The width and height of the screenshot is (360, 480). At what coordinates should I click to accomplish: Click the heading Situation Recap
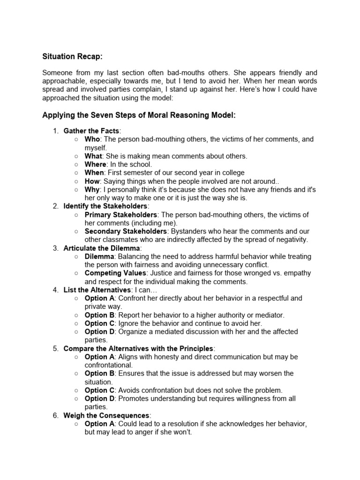(x=72, y=56)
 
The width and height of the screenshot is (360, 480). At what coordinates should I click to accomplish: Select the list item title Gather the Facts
(x=91, y=131)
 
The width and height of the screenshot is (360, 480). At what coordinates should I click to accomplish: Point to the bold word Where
(x=95, y=164)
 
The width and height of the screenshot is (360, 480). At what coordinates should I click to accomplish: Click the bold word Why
(x=92, y=189)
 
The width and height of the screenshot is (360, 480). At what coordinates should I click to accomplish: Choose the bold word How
(x=92, y=181)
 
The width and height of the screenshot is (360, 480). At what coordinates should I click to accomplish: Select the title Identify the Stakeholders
(x=105, y=206)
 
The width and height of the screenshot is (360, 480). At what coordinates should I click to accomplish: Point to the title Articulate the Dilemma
(x=102, y=248)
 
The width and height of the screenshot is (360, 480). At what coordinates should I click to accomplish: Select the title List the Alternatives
(x=97, y=290)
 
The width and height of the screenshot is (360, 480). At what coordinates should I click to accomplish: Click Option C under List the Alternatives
(x=99, y=323)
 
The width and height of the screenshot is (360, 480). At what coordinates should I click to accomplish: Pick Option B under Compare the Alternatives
(x=99, y=374)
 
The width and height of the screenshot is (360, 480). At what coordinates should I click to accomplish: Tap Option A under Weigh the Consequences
(x=99, y=424)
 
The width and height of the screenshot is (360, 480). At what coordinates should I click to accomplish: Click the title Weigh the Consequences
(x=106, y=415)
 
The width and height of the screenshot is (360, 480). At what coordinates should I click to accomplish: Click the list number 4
(x=55, y=290)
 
